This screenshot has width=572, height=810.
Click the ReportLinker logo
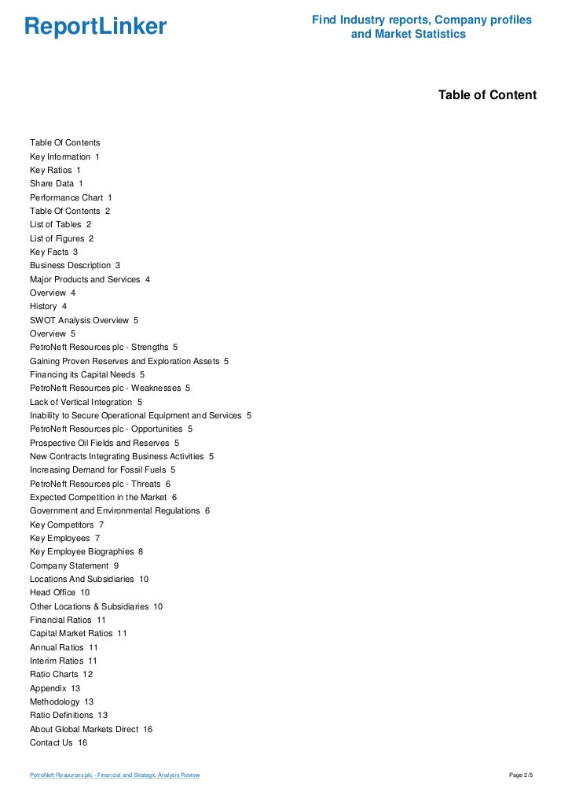coord(95,28)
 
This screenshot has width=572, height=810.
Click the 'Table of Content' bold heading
coord(487,95)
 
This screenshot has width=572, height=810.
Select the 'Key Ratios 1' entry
coord(55,170)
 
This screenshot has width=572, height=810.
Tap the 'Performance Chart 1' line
coord(71,197)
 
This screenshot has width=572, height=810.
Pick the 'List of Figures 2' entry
coord(61,238)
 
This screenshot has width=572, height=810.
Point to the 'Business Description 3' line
coord(75,266)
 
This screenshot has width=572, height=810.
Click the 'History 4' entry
coord(48,306)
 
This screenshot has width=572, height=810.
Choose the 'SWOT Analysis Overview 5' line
coord(83,320)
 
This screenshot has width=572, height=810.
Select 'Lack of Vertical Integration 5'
coord(86,402)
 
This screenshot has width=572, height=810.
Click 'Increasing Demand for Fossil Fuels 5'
coord(102,469)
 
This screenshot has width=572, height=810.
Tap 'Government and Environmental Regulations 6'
coord(119,510)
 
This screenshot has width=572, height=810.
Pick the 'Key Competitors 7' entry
coord(67,525)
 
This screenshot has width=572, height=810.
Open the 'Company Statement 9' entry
coord(74,565)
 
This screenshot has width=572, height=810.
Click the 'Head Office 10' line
coord(60,592)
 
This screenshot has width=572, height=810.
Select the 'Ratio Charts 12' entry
coord(61,674)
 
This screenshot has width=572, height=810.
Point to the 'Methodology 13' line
coord(61,701)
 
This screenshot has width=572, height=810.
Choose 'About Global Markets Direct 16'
coord(91,729)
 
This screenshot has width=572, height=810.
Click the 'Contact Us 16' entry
coord(58,742)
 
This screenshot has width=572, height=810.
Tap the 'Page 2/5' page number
coord(521,775)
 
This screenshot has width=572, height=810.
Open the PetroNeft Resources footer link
coord(115,775)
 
